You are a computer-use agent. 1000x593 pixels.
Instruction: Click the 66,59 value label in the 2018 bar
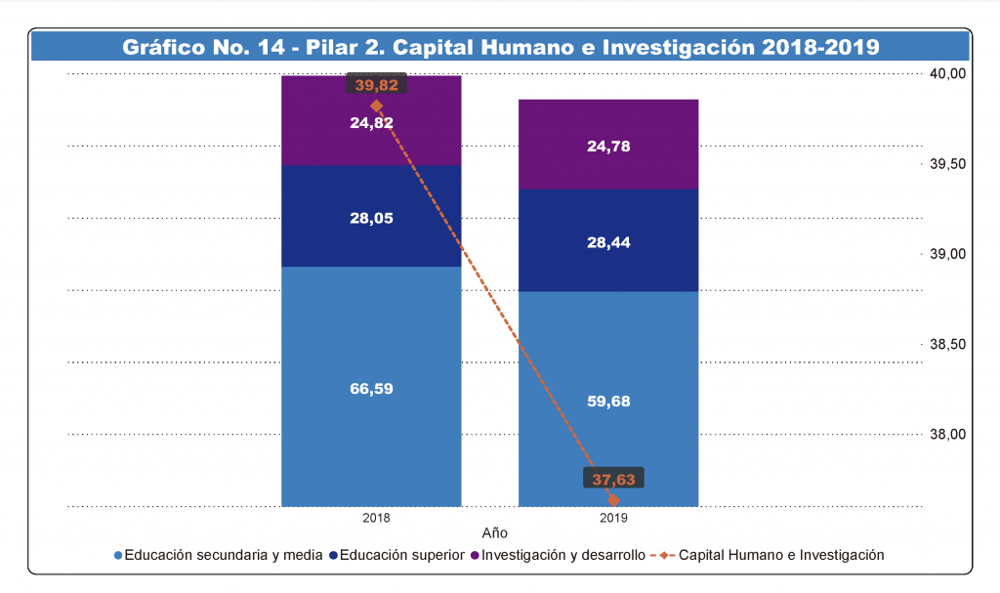coord(371,388)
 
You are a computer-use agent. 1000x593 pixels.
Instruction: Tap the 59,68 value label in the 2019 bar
coord(608,401)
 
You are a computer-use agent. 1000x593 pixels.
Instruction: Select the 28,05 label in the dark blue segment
coord(371,219)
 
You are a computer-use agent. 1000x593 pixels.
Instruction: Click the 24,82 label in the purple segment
coord(371,123)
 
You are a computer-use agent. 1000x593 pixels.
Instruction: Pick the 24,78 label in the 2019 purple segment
coord(608,147)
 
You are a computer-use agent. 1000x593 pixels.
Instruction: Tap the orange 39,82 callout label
coord(376,85)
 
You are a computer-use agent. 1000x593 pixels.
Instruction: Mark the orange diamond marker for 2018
coord(376,106)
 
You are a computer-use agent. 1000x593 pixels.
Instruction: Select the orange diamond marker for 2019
coord(613,500)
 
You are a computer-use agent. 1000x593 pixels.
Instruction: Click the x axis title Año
coord(495,533)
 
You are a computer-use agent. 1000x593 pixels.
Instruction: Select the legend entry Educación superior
coord(401,555)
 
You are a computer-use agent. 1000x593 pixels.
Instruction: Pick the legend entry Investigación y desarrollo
coord(563,555)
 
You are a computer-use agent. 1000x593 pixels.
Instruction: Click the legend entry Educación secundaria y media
coord(223,555)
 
